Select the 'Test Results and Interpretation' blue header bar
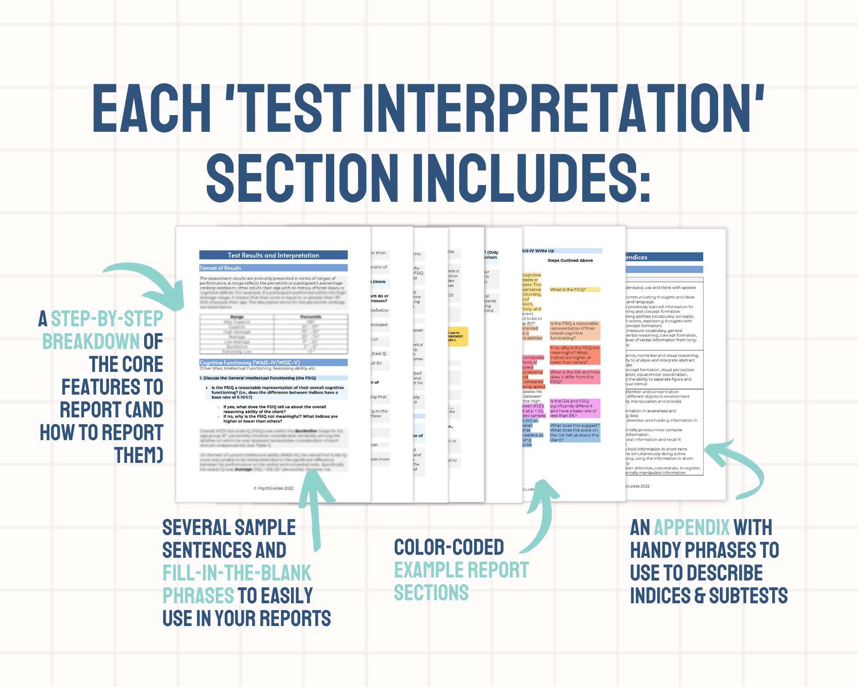(x=273, y=255)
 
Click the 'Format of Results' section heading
(x=221, y=268)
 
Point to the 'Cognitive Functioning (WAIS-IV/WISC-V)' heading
(x=250, y=362)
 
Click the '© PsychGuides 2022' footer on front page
(x=273, y=488)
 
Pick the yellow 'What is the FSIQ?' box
(x=574, y=290)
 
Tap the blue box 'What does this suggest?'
(x=574, y=432)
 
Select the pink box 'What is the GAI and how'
(x=574, y=377)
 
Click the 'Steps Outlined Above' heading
(x=570, y=261)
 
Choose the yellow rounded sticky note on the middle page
(x=457, y=337)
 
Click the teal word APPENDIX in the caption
(x=691, y=528)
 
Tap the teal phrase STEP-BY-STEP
(x=107, y=319)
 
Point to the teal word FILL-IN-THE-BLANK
(x=237, y=573)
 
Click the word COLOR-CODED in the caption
(x=449, y=547)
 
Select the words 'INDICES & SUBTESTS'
(x=709, y=596)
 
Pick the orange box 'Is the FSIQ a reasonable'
(x=574, y=331)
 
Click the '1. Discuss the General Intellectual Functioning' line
(x=257, y=378)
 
